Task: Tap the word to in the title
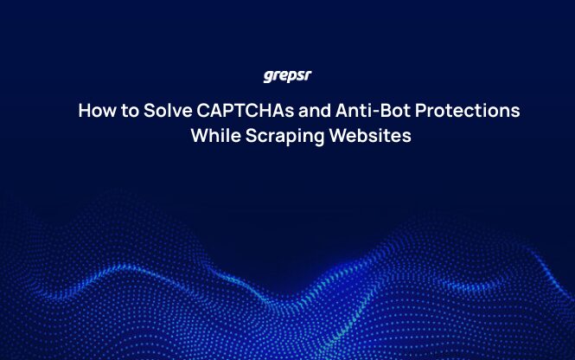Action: (x=125, y=112)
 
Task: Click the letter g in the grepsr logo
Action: (x=267, y=77)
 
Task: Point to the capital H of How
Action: (x=84, y=112)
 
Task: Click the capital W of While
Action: (x=199, y=137)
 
